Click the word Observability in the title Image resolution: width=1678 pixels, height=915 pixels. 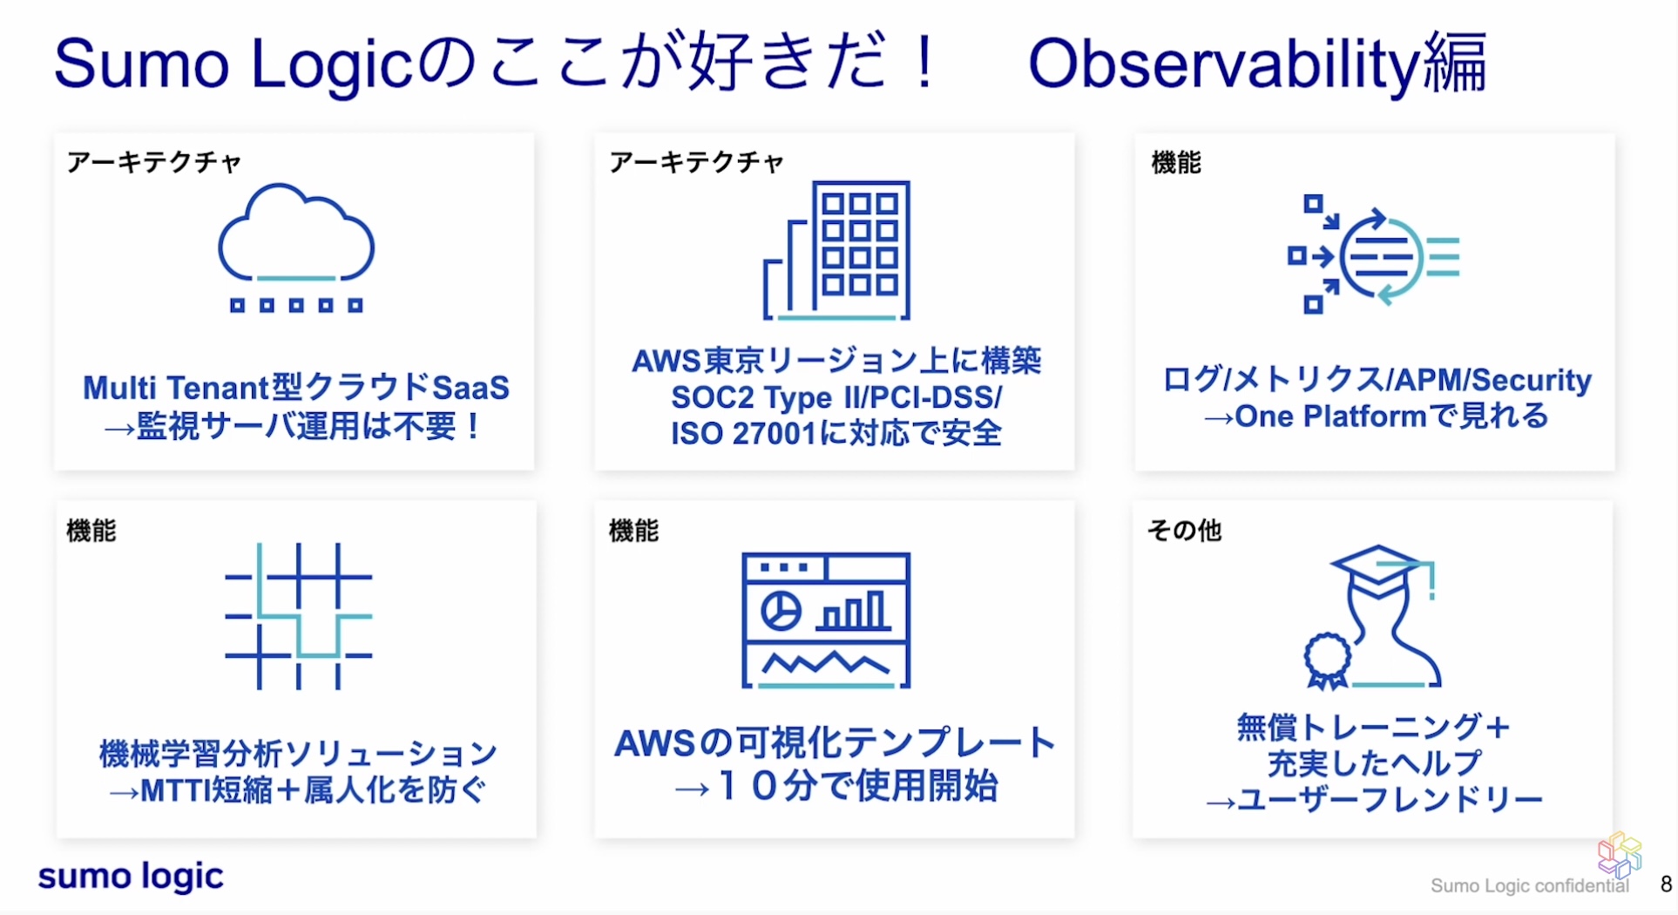coord(1224,64)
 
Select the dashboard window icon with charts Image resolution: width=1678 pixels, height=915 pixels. coord(826,620)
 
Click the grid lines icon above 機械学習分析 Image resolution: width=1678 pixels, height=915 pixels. coord(298,616)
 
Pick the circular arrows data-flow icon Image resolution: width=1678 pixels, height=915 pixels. coord(1374,256)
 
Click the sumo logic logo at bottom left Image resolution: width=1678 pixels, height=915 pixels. coord(131,877)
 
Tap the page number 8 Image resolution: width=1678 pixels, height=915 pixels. coord(1665,884)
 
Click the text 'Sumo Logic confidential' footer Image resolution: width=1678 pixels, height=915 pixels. coord(1529,886)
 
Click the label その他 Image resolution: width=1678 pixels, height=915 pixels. coord(1185,530)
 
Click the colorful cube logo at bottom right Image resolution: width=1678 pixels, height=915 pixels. coord(1619,854)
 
